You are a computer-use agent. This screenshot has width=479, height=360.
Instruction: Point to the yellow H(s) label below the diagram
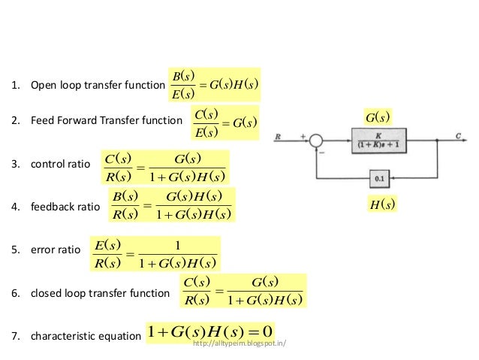tap(383, 204)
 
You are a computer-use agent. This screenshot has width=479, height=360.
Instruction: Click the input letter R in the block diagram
tap(279, 137)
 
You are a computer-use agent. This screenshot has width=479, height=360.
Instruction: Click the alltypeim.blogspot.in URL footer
tap(240, 343)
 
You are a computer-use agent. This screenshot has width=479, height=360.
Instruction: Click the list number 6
tap(14, 293)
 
